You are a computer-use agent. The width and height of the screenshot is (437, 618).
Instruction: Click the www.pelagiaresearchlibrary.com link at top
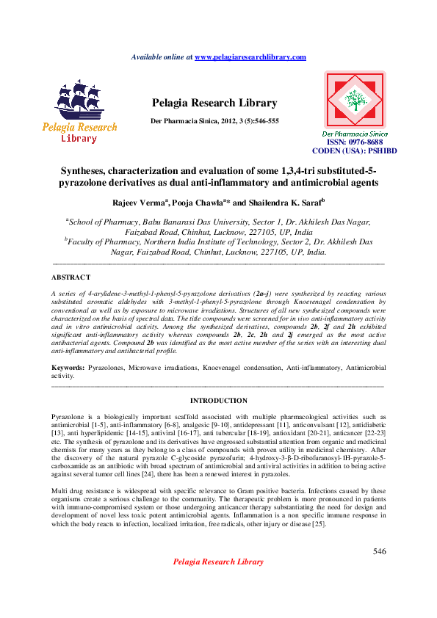click(250, 57)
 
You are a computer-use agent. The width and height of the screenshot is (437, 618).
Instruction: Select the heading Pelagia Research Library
click(214, 103)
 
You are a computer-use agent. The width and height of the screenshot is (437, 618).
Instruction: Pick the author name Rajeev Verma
click(142, 201)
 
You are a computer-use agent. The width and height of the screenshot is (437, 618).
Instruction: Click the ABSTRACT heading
click(71, 277)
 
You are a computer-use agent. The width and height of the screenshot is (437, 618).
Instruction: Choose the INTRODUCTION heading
click(218, 401)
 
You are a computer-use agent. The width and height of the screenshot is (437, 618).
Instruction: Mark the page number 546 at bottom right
click(379, 551)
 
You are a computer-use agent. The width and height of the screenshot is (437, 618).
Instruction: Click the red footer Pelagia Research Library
click(217, 561)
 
